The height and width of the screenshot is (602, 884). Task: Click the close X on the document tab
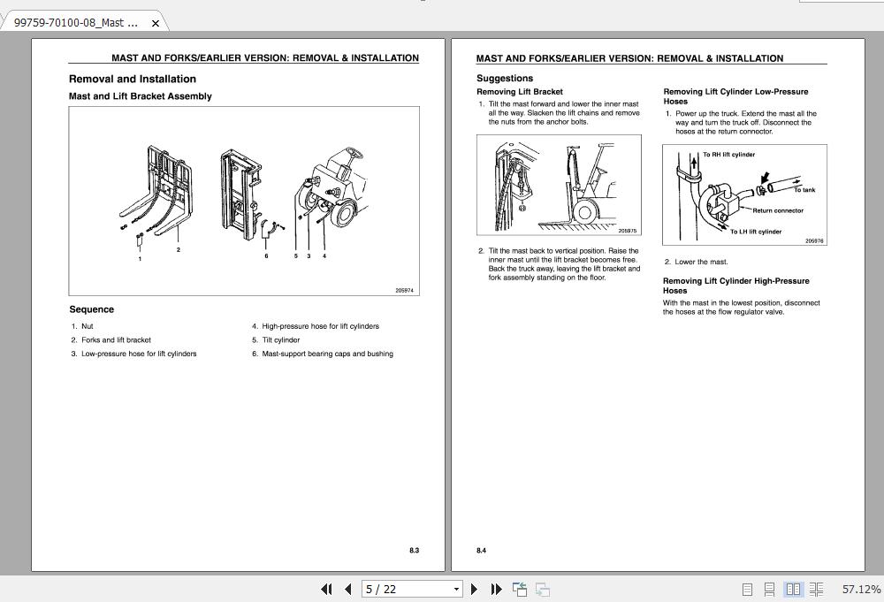click(x=156, y=23)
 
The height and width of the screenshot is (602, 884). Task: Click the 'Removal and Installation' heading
click(x=133, y=79)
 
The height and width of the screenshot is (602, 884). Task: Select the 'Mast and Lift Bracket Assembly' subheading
click(x=141, y=96)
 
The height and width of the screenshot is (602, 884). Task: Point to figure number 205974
click(x=404, y=291)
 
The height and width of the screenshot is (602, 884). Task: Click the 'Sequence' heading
click(x=92, y=309)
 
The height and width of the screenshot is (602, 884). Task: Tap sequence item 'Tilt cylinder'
click(x=280, y=339)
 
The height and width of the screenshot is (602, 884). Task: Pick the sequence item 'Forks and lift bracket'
click(x=116, y=339)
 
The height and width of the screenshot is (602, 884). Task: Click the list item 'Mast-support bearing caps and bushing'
click(x=327, y=354)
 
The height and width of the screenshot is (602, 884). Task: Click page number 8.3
click(x=414, y=551)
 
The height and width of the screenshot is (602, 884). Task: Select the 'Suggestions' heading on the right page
click(x=505, y=79)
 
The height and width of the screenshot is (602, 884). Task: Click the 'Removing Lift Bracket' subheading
click(x=520, y=92)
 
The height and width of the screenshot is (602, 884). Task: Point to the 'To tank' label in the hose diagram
click(x=804, y=190)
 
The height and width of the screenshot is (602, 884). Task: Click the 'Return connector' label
click(x=778, y=210)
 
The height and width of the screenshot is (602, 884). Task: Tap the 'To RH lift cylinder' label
click(x=729, y=155)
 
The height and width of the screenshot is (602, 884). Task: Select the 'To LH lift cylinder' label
click(x=756, y=232)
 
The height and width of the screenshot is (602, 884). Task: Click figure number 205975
click(x=627, y=231)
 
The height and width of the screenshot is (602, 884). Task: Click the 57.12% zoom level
click(x=861, y=589)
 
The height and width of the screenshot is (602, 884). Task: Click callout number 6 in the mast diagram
click(x=266, y=256)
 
